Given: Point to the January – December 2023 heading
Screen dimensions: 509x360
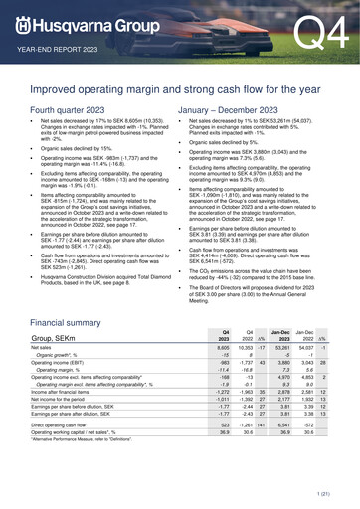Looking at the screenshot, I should (237, 107).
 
